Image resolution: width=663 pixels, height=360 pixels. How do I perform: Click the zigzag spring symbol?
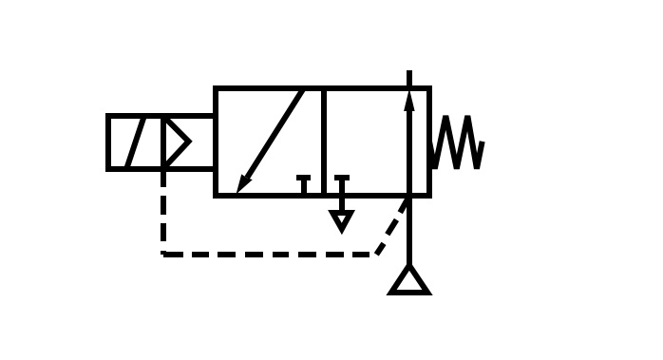[458, 143]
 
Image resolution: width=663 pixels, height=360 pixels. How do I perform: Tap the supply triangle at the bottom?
[409, 282]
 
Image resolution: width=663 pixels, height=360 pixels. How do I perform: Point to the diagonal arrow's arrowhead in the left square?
[243, 181]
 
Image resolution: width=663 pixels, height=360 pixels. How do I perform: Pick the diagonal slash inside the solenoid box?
[135, 142]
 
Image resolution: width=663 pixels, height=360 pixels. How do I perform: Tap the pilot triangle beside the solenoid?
[177, 142]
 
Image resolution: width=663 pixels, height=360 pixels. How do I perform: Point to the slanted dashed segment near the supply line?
[391, 228]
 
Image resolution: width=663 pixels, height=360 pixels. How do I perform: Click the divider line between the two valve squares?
[323, 142]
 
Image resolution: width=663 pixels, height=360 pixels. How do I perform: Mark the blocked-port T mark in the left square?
[304, 182]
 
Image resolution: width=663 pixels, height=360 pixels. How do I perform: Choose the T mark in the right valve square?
[341, 181]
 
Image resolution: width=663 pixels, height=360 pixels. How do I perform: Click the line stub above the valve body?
[409, 79]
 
